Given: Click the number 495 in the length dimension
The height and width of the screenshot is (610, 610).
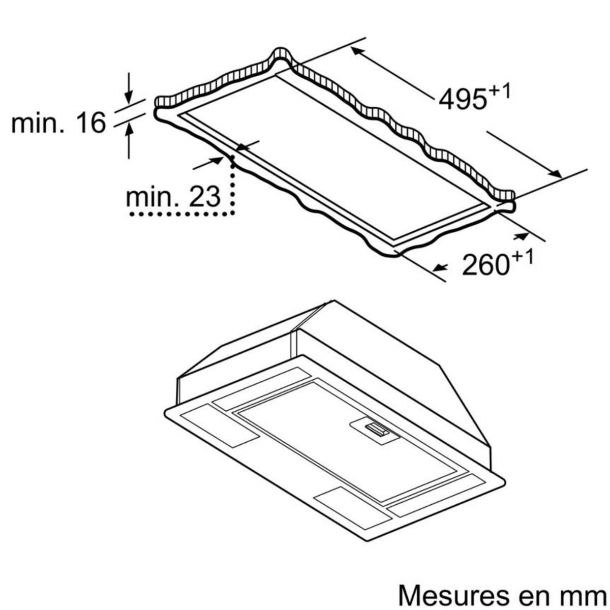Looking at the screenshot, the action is (463, 100).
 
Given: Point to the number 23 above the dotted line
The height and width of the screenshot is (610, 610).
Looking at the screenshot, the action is (205, 197).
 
